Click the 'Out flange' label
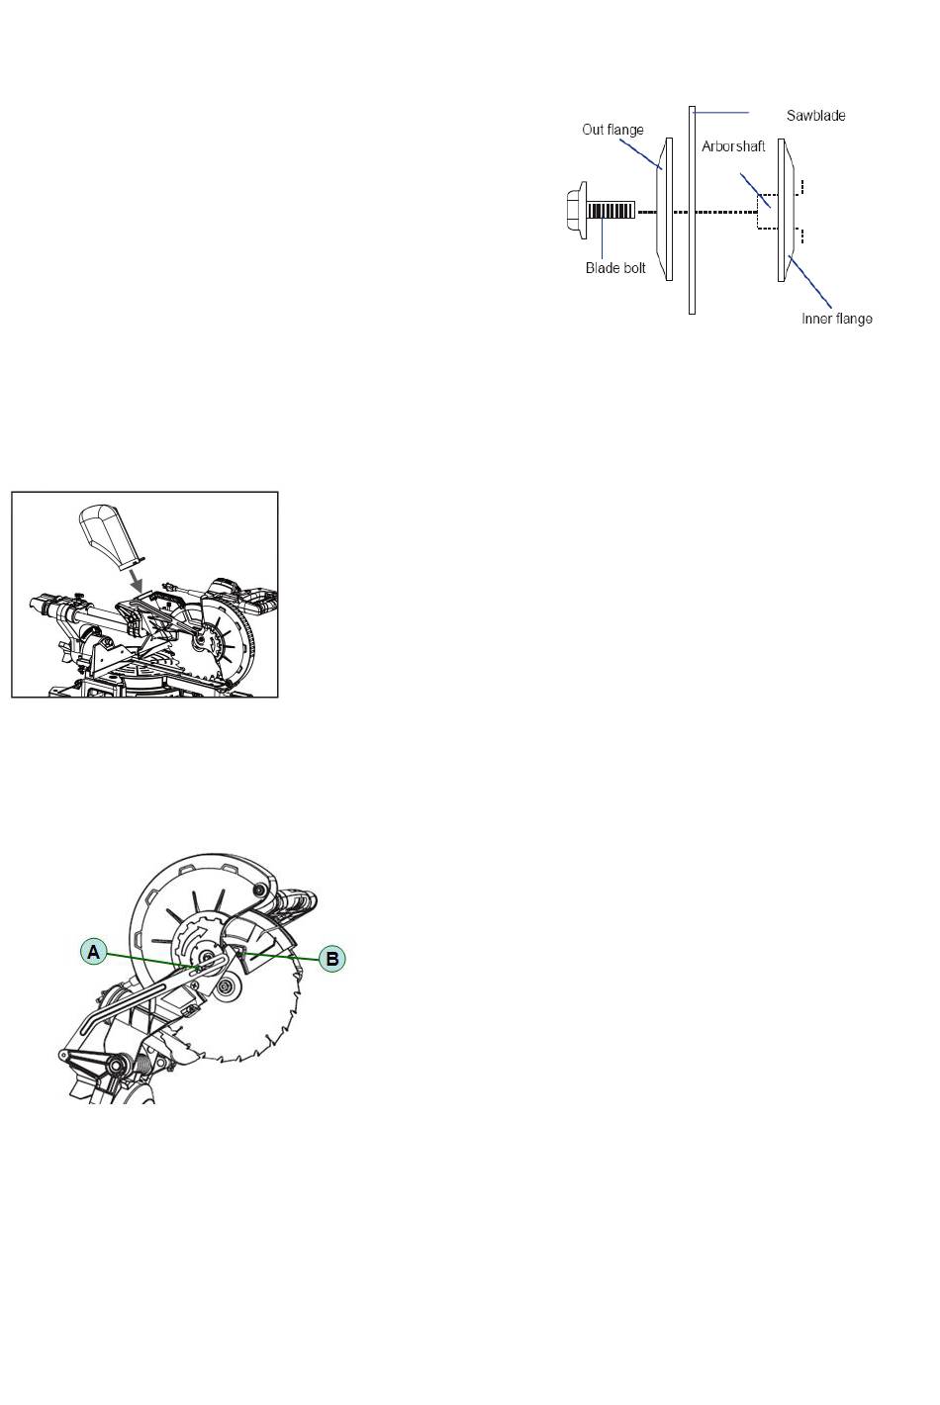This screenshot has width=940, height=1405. (612, 130)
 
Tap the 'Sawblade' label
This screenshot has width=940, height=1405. (816, 116)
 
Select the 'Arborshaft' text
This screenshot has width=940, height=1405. (733, 146)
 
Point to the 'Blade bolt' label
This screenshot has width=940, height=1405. (615, 268)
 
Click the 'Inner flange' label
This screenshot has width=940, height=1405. (836, 319)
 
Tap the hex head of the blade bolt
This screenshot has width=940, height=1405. (576, 210)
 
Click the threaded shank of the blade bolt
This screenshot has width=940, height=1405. (611, 210)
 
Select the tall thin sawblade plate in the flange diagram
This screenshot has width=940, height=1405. (692, 210)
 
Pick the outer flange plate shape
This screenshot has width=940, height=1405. (664, 210)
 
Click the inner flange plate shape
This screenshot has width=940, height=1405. (786, 210)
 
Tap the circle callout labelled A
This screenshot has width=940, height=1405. (93, 953)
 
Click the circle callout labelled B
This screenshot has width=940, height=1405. (332, 959)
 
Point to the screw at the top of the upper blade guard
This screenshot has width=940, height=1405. (258, 890)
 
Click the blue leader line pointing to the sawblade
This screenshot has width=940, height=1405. (720, 112)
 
